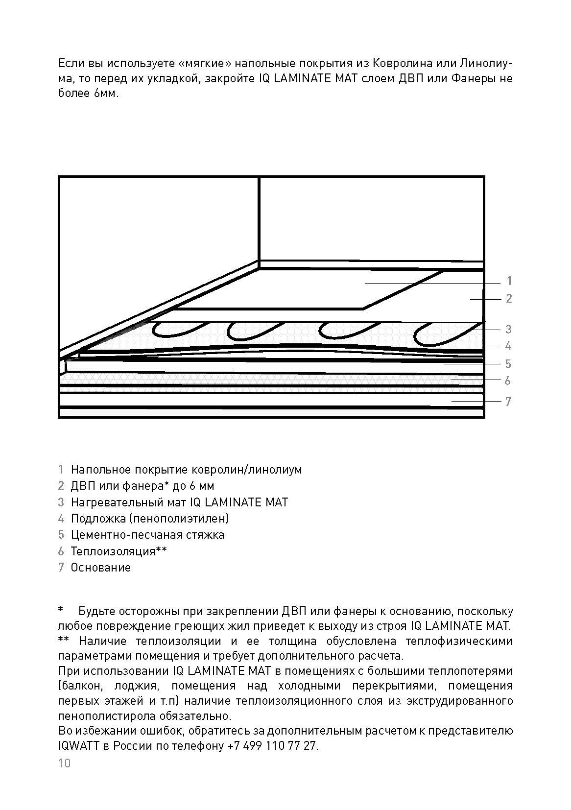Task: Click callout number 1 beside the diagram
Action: [x=509, y=281]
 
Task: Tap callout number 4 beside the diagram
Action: [x=508, y=346]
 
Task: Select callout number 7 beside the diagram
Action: [x=508, y=402]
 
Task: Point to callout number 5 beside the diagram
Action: [x=508, y=364]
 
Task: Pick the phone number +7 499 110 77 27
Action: [x=272, y=746]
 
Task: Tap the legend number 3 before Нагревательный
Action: [x=61, y=502]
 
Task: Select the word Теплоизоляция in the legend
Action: [x=113, y=551]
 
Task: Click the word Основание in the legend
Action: [x=101, y=568]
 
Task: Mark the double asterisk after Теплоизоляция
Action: [x=161, y=550]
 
